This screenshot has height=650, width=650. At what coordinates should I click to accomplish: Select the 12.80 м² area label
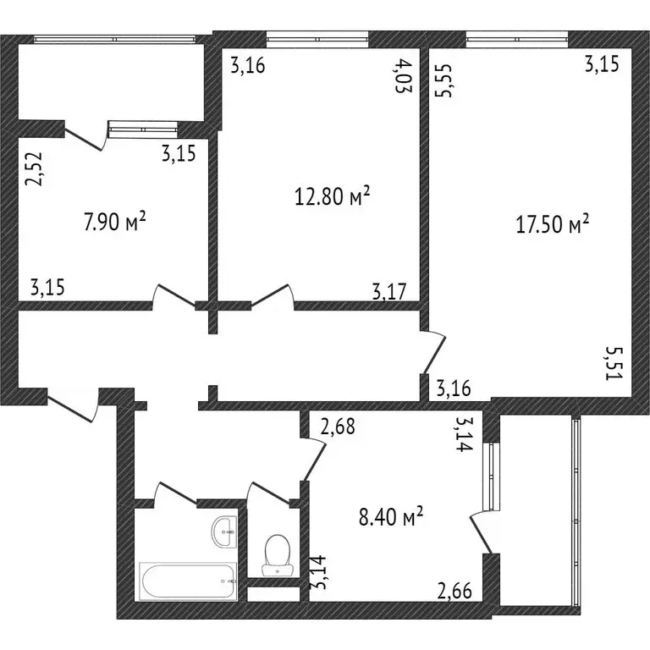pos(331,198)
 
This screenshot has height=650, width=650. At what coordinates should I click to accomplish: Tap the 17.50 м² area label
pos(552,224)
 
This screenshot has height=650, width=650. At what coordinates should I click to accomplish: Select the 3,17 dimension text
pos(389,292)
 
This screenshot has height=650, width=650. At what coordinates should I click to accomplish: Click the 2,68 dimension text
pos(337,427)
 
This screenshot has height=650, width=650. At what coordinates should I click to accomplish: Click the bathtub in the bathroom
pos(189,582)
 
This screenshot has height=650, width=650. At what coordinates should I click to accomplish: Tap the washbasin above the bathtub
pos(225,531)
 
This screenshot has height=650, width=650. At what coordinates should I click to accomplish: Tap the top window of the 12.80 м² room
pos(317,37)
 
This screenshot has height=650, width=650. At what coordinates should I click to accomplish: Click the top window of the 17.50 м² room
pos(517,37)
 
